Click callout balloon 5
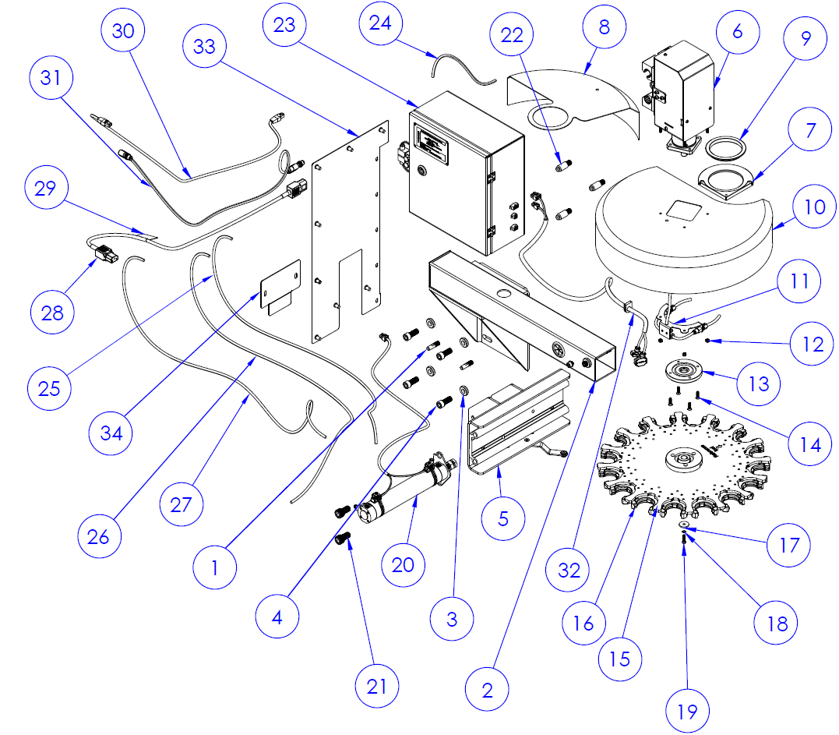point(502,518)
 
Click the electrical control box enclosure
point(466,171)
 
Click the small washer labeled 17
point(682,525)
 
